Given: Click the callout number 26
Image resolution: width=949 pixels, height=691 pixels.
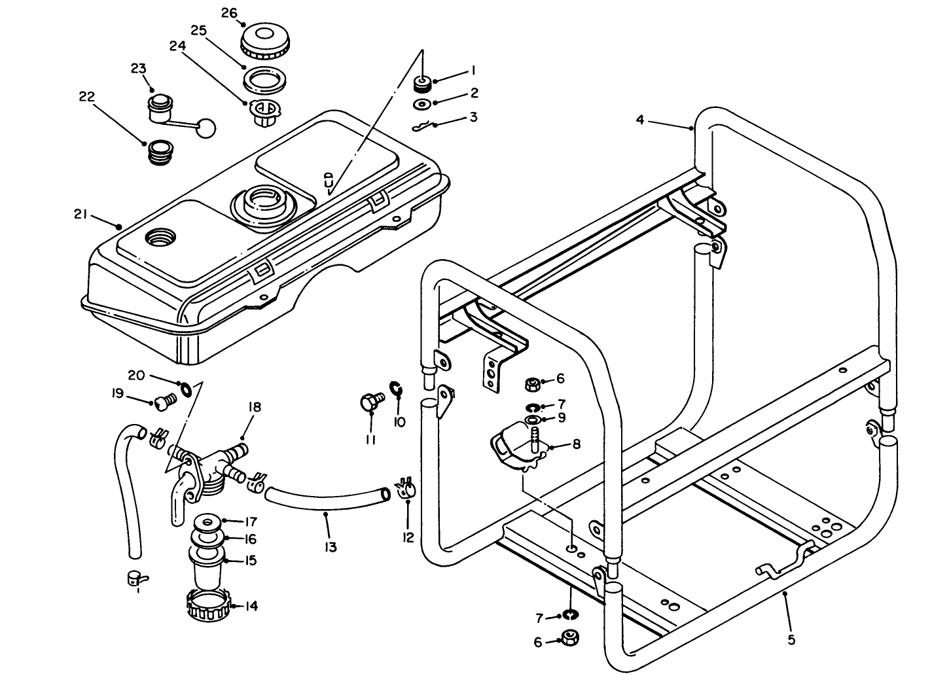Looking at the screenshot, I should point(228,13).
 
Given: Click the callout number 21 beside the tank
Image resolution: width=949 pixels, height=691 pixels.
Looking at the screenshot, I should point(81,214).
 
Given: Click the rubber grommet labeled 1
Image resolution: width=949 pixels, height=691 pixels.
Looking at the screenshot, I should point(422,83).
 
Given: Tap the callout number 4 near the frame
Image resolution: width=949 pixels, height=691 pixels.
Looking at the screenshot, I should point(640,120).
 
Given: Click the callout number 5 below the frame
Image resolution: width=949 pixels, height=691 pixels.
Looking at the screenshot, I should point(791,639).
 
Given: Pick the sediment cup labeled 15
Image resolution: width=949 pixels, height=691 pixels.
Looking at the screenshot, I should point(206,566).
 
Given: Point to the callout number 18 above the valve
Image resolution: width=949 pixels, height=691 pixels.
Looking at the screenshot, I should point(254,407).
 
